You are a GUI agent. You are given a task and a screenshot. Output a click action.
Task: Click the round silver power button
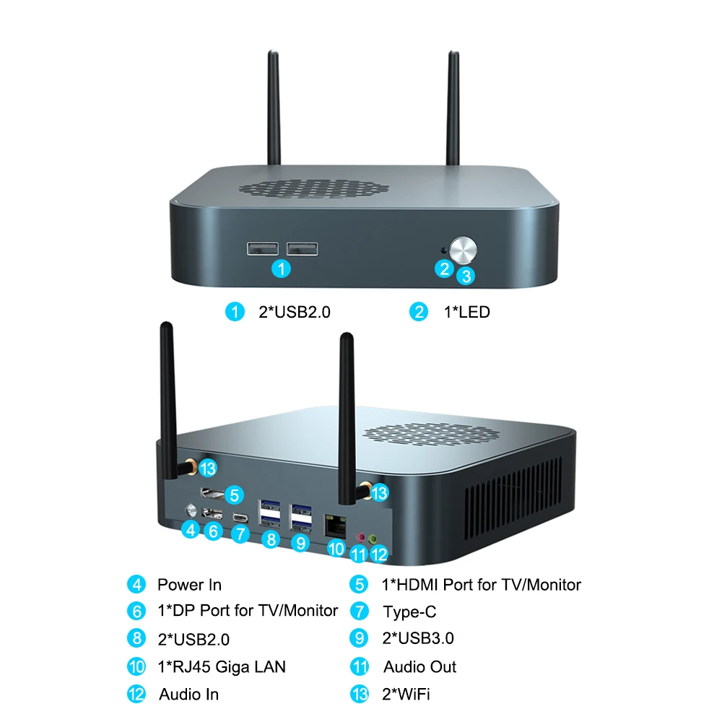[x=464, y=250]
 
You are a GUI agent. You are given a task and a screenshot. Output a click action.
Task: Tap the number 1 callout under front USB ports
[x=282, y=269]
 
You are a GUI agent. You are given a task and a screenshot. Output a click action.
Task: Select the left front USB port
[x=263, y=248]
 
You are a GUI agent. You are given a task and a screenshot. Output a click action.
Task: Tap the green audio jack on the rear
[x=373, y=538]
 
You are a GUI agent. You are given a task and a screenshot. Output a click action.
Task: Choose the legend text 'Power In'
[x=189, y=585]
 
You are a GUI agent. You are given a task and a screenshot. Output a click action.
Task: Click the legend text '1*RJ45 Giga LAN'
[x=222, y=666]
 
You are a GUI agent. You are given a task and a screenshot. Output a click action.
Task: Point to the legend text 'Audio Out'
[x=419, y=666]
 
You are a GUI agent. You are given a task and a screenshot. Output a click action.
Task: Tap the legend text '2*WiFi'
[x=406, y=694]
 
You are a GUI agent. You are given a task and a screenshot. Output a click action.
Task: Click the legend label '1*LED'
[x=466, y=312]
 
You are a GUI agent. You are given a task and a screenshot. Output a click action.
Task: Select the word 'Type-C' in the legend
[x=409, y=612]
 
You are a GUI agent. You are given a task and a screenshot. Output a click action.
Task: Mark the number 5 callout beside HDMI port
[x=233, y=495]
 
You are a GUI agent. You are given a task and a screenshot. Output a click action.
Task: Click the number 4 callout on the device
[x=191, y=530]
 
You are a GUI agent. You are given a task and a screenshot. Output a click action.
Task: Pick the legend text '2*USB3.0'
[x=418, y=638]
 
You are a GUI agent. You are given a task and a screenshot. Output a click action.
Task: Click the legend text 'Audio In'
[x=188, y=694]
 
